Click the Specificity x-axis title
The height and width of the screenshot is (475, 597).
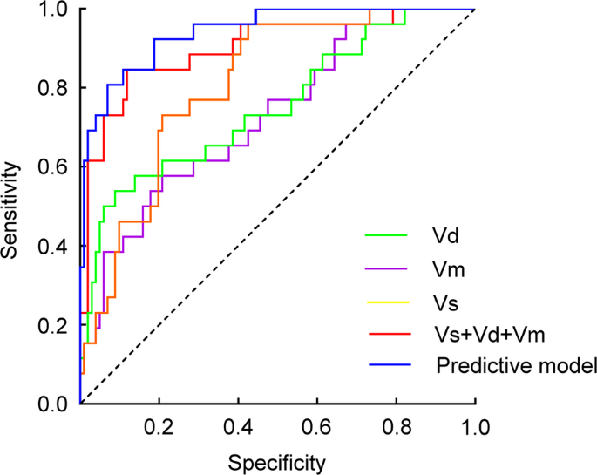(276, 460)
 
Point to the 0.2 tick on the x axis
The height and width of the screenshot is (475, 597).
(159, 427)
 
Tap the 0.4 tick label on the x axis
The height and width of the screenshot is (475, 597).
(238, 427)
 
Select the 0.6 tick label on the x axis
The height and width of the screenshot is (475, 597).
(316, 427)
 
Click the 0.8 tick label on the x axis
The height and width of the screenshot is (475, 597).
(396, 427)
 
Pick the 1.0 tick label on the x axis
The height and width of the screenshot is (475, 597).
(474, 427)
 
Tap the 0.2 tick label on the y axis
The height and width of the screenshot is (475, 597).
(55, 325)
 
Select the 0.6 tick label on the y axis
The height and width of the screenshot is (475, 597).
(55, 167)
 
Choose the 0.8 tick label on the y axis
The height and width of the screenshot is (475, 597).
(55, 88)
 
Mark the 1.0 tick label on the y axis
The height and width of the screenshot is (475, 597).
(55, 10)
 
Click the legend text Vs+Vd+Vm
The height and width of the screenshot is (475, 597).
(478, 335)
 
